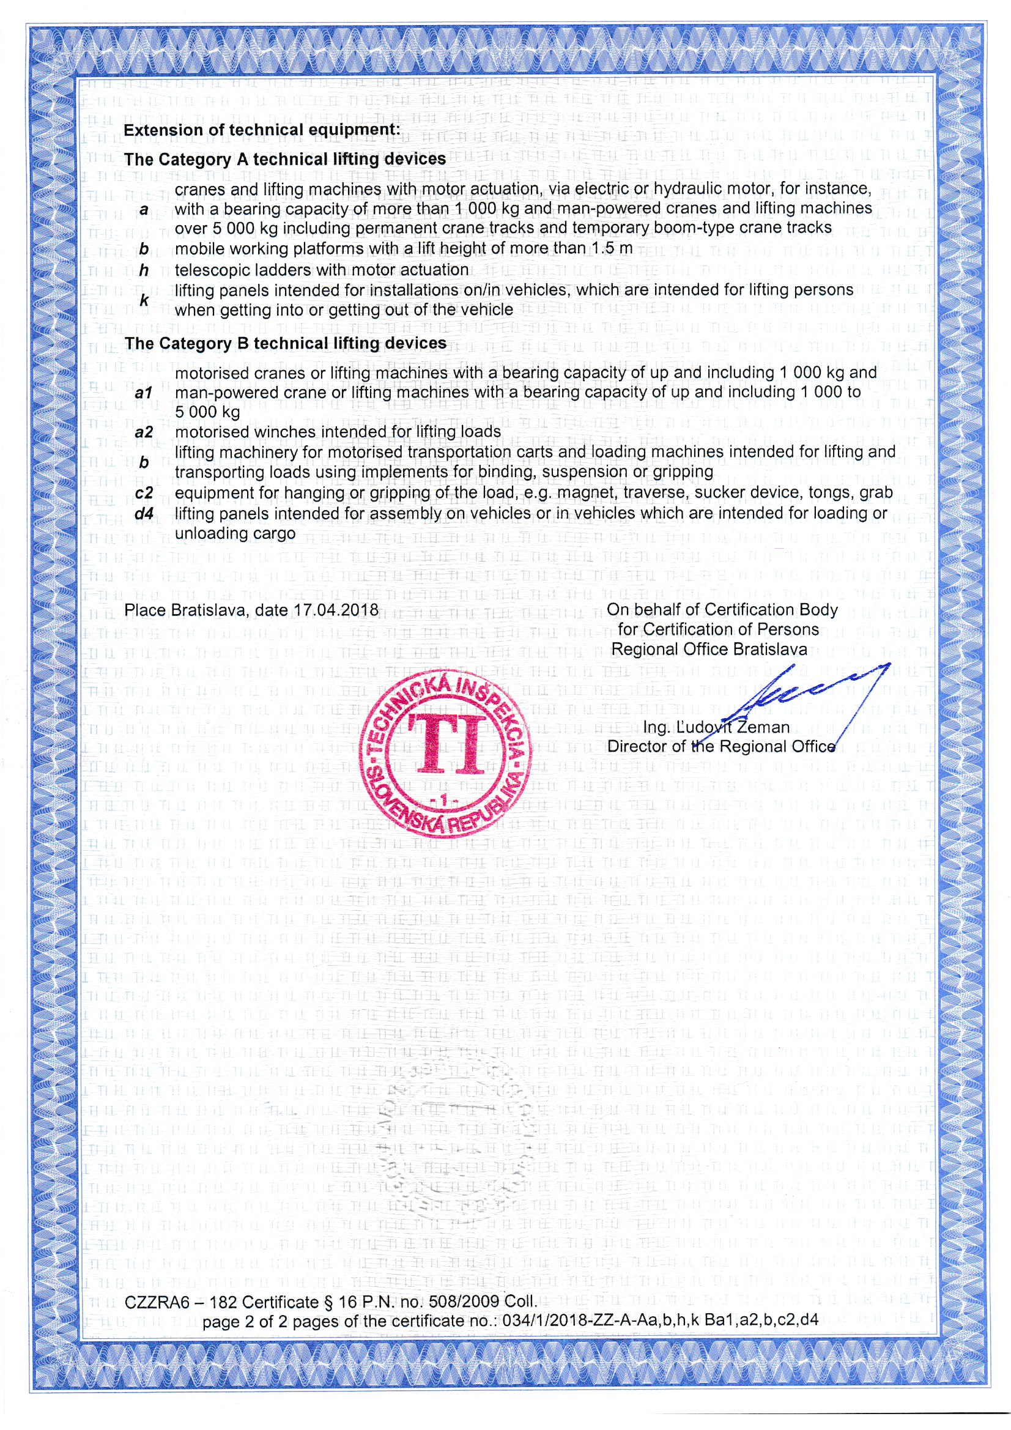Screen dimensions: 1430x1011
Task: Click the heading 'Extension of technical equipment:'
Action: point(261,130)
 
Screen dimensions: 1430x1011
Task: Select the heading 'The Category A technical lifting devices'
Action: point(284,160)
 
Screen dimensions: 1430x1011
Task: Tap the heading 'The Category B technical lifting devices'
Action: point(285,343)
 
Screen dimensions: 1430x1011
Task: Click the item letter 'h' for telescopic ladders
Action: point(144,270)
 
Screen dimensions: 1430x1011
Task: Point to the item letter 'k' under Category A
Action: point(144,300)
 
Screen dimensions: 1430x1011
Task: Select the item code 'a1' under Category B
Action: point(144,393)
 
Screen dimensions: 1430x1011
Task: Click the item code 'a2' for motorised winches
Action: point(144,432)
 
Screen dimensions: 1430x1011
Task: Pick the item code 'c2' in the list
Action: point(144,493)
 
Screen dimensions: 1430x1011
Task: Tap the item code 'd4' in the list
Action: point(144,514)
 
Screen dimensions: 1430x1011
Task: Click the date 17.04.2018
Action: point(336,610)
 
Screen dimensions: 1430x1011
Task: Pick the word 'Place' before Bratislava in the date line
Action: point(144,610)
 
